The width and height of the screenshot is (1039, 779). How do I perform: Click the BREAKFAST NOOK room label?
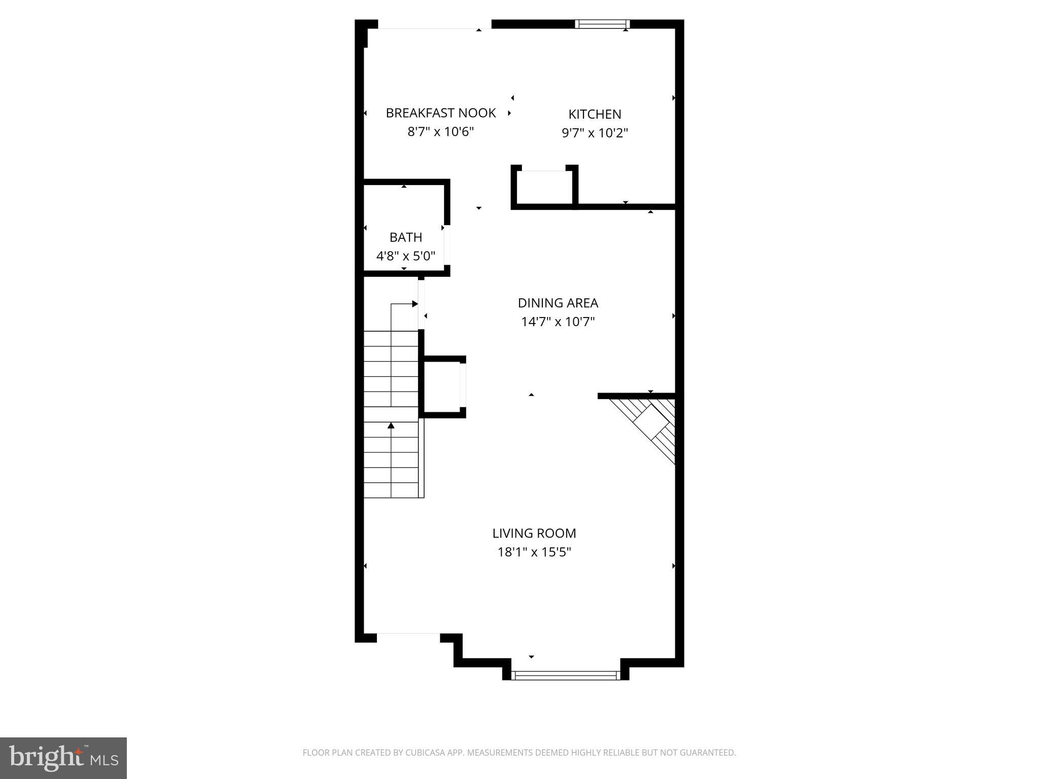(440, 113)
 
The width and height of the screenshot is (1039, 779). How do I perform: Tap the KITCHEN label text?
(595, 114)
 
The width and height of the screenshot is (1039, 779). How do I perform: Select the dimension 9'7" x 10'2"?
(595, 133)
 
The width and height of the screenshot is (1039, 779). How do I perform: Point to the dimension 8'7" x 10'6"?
(440, 132)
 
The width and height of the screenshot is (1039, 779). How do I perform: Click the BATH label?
(405, 237)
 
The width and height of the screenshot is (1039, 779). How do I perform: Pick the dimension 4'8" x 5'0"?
(405, 256)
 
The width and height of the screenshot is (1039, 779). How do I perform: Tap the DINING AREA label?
(558, 303)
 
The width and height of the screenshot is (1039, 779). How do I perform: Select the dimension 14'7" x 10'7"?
(558, 322)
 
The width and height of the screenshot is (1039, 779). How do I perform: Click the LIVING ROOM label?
(534, 533)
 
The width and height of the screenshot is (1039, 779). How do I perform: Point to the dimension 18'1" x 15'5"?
(534, 552)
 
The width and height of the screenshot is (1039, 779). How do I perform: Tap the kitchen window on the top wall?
(602, 24)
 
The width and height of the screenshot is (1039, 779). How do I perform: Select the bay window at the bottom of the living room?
(565, 675)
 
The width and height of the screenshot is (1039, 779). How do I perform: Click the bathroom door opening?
(447, 245)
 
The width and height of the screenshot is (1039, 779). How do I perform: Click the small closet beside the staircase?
(442, 386)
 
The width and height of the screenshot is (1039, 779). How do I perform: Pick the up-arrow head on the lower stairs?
(391, 426)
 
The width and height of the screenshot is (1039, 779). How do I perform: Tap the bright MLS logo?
(63, 758)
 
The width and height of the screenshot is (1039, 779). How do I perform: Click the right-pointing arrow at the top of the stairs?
(414, 304)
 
